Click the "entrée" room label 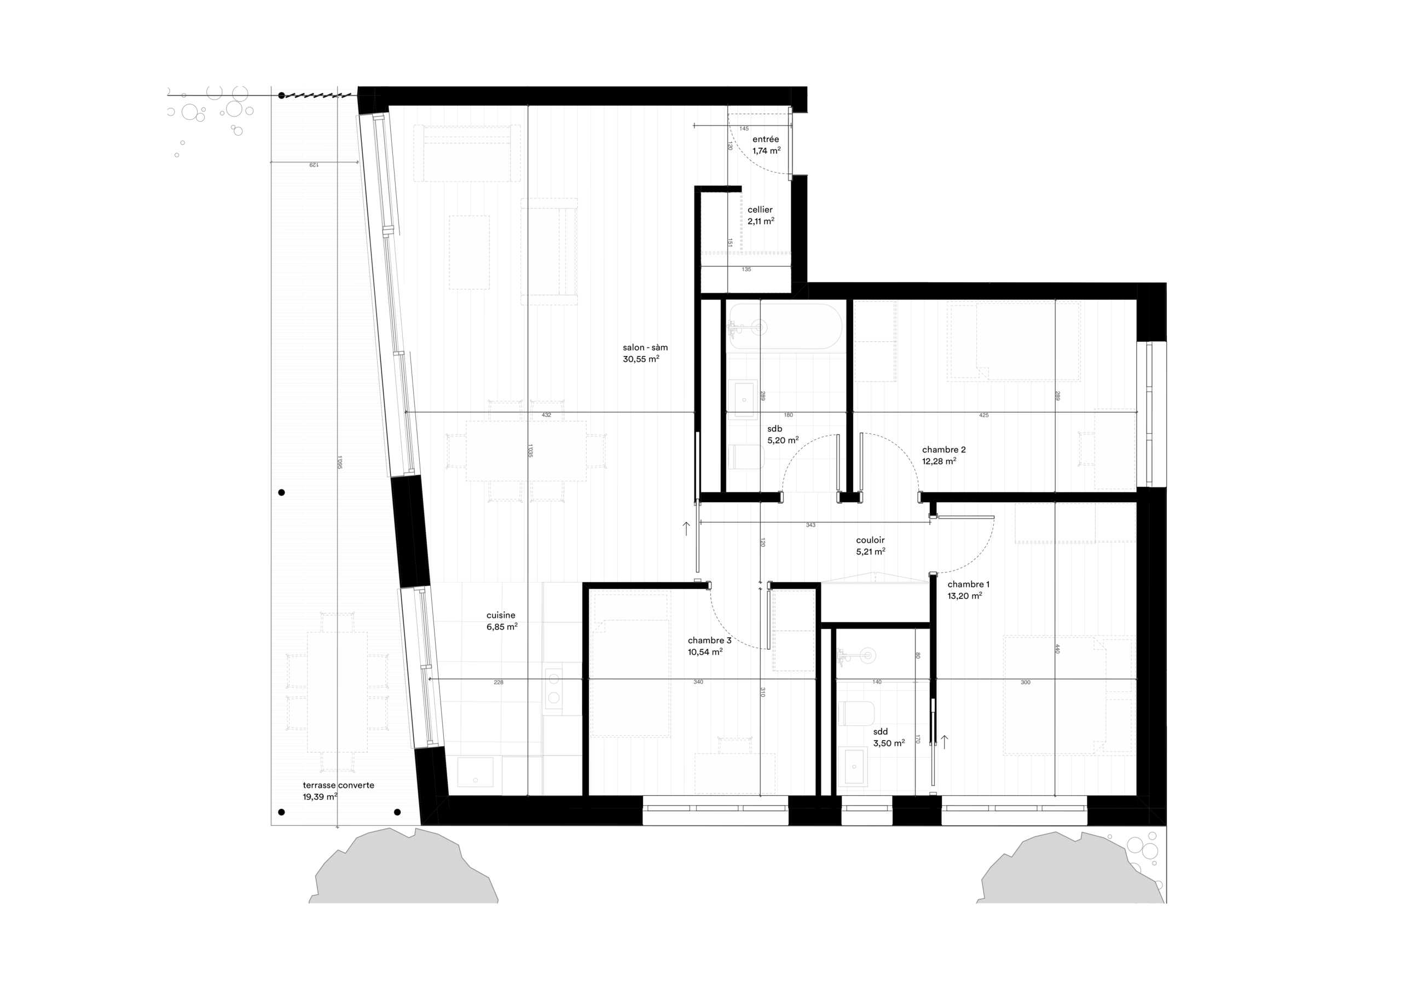tap(765, 139)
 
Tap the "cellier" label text tap(760, 210)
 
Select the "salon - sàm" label tap(645, 348)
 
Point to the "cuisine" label tap(500, 615)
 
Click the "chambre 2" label tap(943, 450)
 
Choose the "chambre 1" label tap(968, 584)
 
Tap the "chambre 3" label tap(709, 640)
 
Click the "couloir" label tap(870, 540)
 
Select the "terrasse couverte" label tap(338, 785)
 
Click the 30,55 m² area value tap(641, 359)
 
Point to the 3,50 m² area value tap(888, 743)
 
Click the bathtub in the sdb tap(785, 327)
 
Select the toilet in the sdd tap(856, 713)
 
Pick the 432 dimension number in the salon tap(546, 415)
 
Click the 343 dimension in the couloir tap(811, 525)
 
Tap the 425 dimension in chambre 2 tap(983, 415)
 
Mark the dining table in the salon tap(526, 451)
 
